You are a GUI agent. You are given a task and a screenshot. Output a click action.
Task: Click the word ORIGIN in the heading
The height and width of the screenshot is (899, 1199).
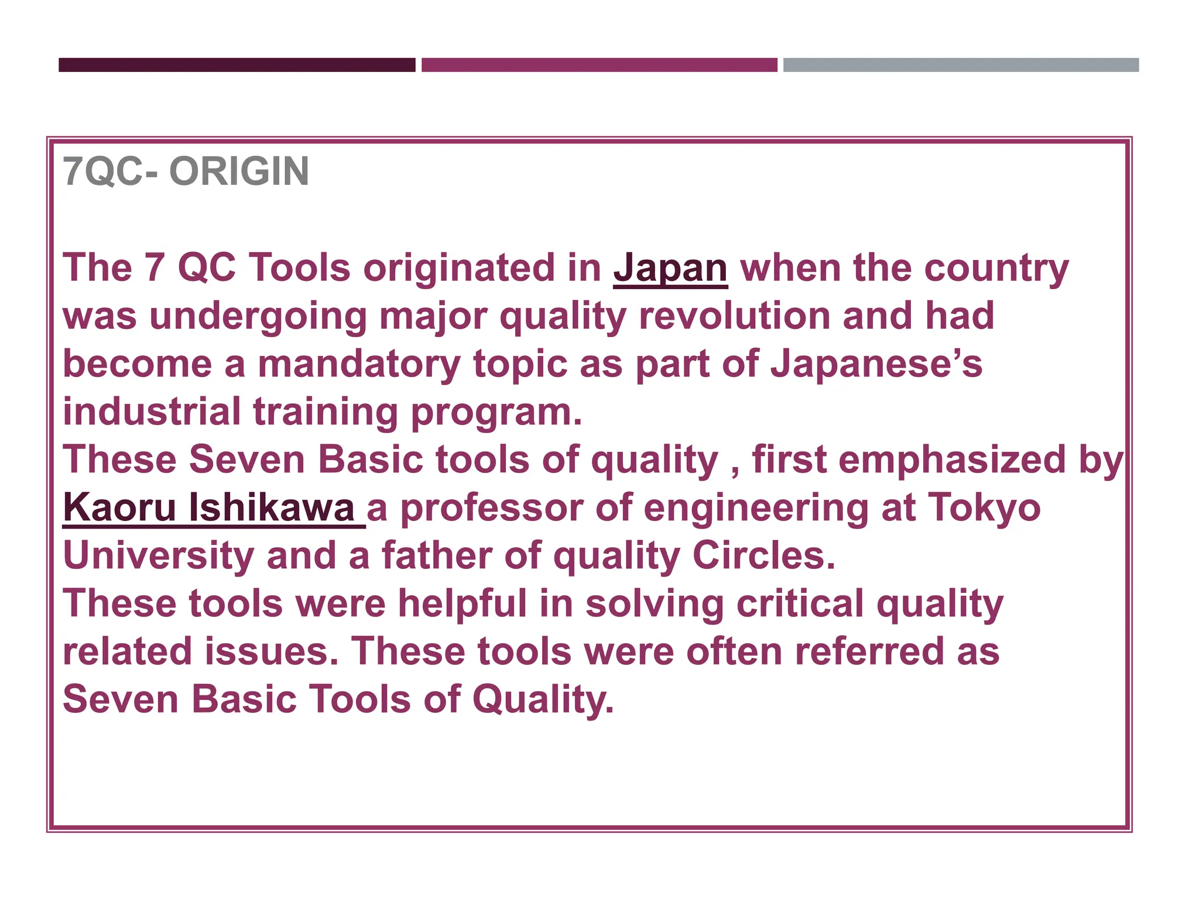pos(239,171)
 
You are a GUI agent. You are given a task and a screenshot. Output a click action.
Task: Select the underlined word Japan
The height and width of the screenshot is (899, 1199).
pos(670,268)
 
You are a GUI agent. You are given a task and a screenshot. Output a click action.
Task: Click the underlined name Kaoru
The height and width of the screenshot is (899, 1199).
pos(119,507)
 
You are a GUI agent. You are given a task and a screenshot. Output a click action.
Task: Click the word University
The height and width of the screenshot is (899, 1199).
pos(158,555)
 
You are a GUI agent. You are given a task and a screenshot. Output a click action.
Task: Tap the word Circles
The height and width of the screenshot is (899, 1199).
pos(763,555)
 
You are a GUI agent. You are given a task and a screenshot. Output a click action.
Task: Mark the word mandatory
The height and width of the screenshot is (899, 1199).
pos(359,364)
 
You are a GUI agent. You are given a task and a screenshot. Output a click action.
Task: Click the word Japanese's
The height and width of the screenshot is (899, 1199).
pos(876,364)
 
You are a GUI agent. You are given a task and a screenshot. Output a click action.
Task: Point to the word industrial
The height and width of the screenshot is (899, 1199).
pos(152,412)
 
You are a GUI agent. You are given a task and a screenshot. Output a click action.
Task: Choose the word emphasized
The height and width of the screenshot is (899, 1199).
pos(953,460)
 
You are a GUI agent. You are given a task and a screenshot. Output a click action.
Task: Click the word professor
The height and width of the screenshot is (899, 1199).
pos(492,507)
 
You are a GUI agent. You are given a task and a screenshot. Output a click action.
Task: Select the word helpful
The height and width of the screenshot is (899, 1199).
pos(463,603)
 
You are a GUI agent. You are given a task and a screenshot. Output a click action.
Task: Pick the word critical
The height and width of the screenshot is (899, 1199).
pos(800,603)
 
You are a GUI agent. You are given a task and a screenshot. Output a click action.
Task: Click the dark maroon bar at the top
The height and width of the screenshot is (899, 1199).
pos(237,65)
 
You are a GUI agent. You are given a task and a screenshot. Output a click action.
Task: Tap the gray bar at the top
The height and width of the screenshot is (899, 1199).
pos(961,65)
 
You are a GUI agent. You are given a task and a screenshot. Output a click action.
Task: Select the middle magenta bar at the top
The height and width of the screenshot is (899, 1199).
pos(599,65)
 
